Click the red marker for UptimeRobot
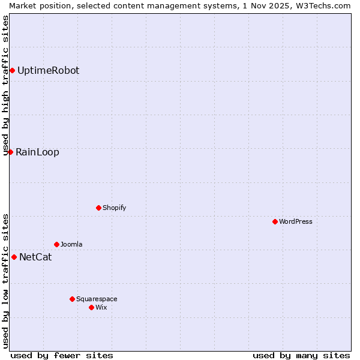click(12, 71)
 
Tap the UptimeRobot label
click(48, 71)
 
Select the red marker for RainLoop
click(10, 152)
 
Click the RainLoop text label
click(37, 152)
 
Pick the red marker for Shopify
click(98, 208)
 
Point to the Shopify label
click(114, 208)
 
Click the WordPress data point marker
click(275, 221)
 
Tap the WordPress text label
click(295, 222)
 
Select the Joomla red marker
click(56, 244)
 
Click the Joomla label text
click(71, 245)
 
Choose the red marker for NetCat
click(14, 257)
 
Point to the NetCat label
click(35, 257)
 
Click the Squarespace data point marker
click(72, 299)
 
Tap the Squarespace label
click(97, 299)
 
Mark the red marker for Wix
click(91, 307)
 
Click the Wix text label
click(101, 308)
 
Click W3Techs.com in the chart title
click(325, 5)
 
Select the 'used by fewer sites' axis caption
click(62, 355)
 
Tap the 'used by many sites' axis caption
click(301, 355)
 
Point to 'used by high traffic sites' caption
click(6, 85)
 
